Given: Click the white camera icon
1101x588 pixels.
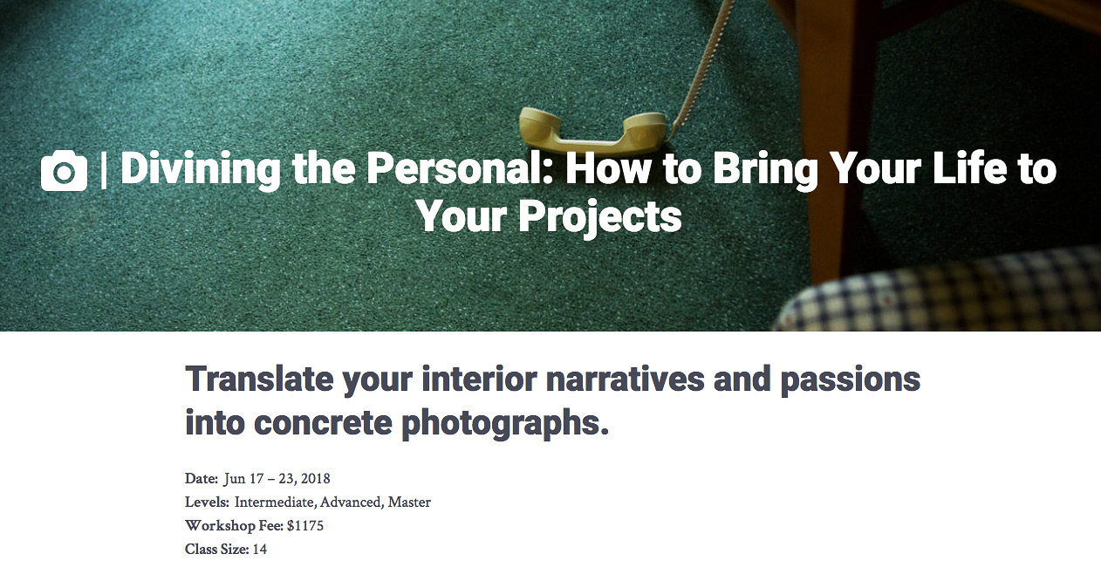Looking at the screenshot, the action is pos(64,170).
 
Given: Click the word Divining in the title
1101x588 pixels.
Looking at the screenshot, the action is pos(201,169).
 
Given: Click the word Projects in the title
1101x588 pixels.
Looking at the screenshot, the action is pos(600,217).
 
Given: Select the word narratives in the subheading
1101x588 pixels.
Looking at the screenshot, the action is pos(626,379).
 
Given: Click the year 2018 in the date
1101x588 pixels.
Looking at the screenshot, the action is pos(316,478).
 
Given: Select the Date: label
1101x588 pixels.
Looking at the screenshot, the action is pos(202,478).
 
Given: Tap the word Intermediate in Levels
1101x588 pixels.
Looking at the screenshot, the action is pos(276,502).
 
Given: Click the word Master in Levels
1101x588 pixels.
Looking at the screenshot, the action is pos(409,502).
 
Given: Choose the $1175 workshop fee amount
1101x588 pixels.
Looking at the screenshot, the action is pos(305,525).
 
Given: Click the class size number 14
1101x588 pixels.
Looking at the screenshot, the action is pos(259,549).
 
